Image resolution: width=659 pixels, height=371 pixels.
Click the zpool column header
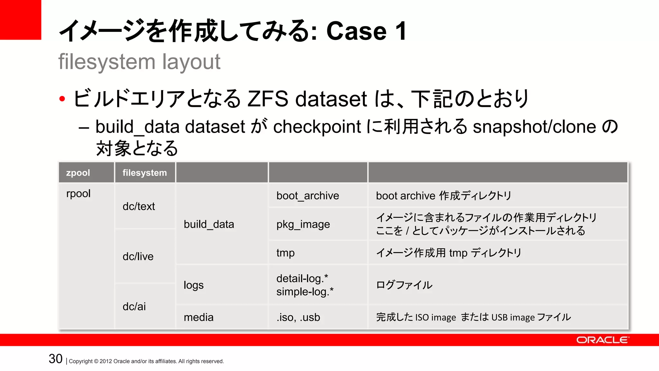(x=78, y=173)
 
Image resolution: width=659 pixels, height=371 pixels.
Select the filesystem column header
(x=144, y=173)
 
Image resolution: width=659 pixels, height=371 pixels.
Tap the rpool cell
(x=78, y=194)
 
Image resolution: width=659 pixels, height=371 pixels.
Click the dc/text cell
(x=139, y=206)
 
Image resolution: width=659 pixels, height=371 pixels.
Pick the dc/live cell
(x=138, y=257)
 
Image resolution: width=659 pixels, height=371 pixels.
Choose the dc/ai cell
(x=134, y=307)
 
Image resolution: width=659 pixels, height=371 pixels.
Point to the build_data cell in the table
(x=209, y=224)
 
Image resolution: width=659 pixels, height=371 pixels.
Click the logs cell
(x=194, y=285)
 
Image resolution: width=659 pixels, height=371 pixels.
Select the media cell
(x=199, y=318)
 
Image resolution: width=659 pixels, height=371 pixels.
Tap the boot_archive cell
(x=308, y=196)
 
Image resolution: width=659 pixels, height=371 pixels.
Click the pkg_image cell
(x=303, y=224)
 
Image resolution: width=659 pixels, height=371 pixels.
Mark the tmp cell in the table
(x=285, y=253)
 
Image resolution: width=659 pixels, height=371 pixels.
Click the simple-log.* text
(x=305, y=292)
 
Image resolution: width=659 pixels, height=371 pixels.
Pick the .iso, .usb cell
(x=298, y=318)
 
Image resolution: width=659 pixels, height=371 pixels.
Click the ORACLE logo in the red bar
(x=602, y=340)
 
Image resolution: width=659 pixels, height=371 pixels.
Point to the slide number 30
(x=56, y=359)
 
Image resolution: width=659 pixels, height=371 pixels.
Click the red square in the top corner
(x=20, y=20)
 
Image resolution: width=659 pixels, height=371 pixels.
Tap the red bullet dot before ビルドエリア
(x=62, y=99)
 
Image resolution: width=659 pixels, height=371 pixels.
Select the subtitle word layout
(x=191, y=62)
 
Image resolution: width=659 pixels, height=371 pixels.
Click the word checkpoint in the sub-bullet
(x=317, y=127)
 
